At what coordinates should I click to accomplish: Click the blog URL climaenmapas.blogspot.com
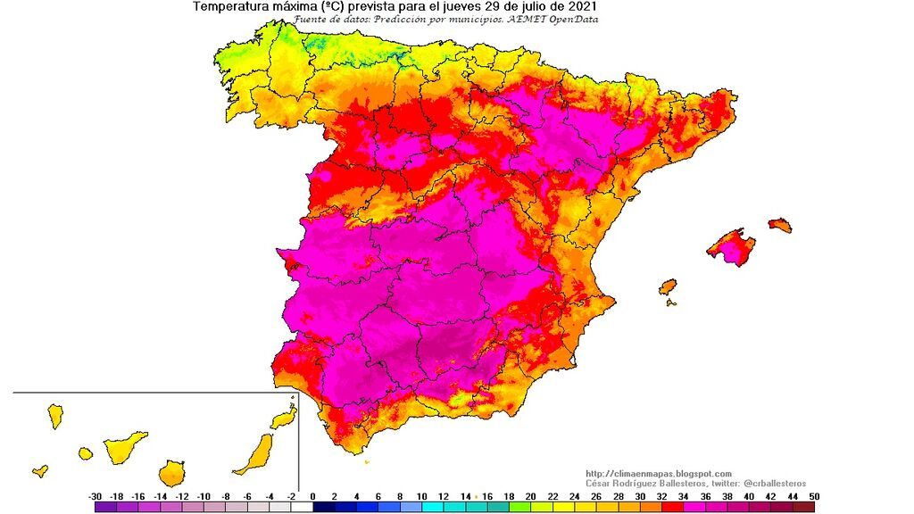click(659, 474)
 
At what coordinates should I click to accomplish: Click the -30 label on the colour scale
click(95, 496)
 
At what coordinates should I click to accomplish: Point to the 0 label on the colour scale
click(313, 496)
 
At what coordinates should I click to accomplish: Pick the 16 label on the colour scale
click(487, 496)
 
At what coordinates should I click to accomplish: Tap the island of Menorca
click(780, 225)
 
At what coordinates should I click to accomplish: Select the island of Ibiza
click(668, 287)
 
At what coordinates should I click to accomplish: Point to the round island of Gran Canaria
click(171, 472)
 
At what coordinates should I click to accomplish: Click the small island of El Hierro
click(40, 470)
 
